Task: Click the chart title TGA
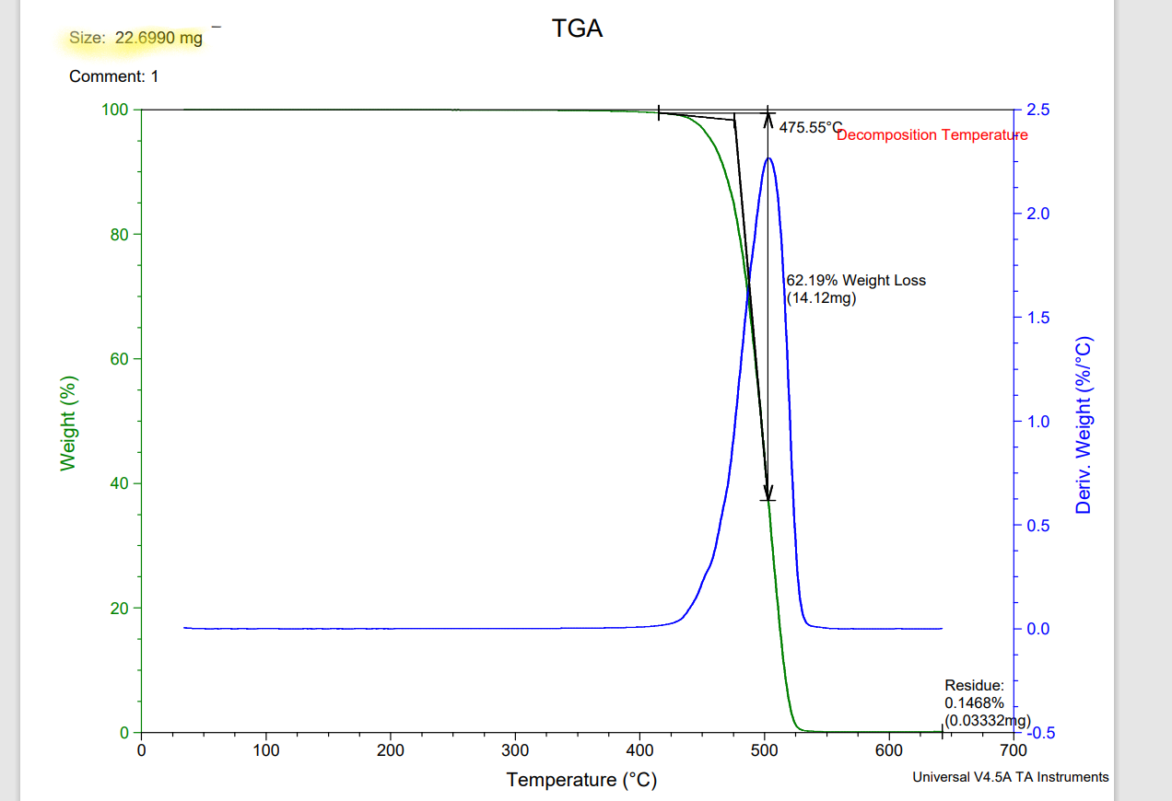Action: (x=577, y=29)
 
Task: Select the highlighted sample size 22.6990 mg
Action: (x=158, y=39)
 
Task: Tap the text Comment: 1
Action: (x=113, y=76)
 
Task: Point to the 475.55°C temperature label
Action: (x=811, y=128)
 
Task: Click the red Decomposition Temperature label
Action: (x=932, y=135)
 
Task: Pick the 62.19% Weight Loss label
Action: (x=855, y=281)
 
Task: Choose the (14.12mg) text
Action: (x=821, y=297)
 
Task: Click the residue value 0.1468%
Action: (x=968, y=702)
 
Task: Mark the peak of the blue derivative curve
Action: (x=768, y=158)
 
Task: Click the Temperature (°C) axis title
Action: (x=581, y=781)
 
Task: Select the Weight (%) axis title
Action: (x=67, y=424)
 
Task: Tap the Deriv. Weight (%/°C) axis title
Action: (x=1084, y=425)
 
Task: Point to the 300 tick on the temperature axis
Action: (x=515, y=750)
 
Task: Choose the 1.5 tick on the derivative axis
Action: (x=1038, y=318)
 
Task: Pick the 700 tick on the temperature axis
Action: (x=1014, y=750)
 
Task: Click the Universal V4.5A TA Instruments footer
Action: (x=1010, y=777)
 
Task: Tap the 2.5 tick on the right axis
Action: (x=1038, y=110)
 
